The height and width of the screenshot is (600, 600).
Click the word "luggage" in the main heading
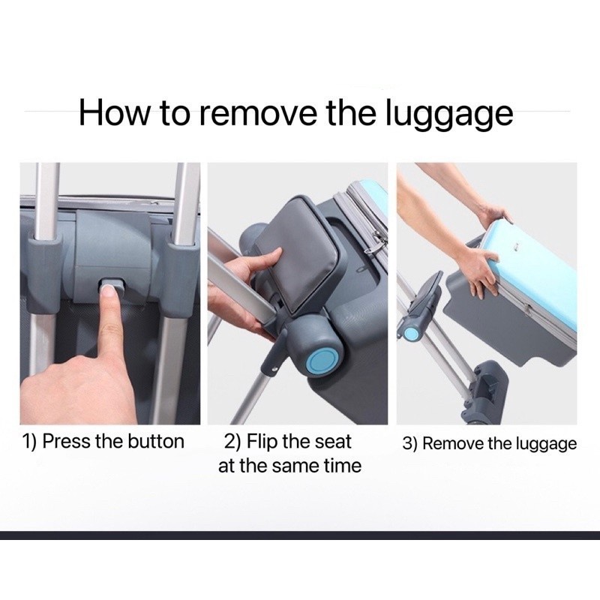pyautogui.click(x=448, y=113)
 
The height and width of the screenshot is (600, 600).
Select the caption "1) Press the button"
pyautogui.click(x=103, y=441)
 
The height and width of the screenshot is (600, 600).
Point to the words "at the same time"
pyautogui.click(x=289, y=466)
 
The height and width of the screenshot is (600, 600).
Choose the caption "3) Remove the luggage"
pyautogui.click(x=490, y=444)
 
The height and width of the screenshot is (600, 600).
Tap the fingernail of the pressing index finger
pyautogui.click(x=109, y=293)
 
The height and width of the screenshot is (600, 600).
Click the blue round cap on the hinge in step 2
pyautogui.click(x=322, y=361)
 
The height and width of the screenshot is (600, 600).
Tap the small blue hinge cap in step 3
pyautogui.click(x=411, y=333)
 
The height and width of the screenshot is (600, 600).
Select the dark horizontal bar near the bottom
pyautogui.click(x=300, y=535)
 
